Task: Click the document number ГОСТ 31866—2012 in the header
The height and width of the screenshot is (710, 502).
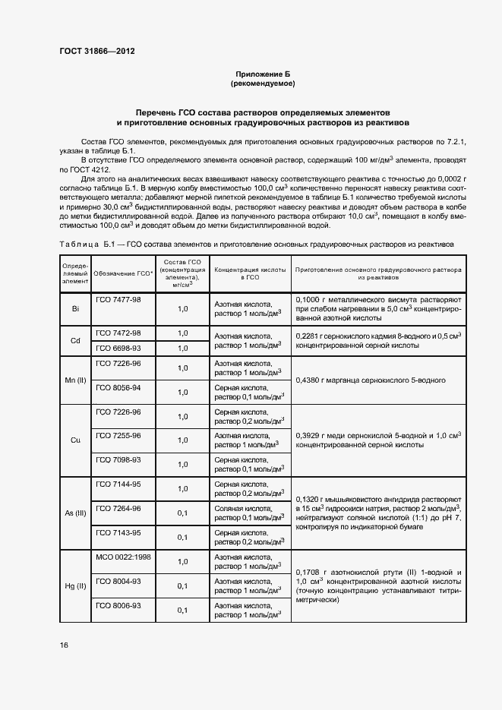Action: [x=97, y=52]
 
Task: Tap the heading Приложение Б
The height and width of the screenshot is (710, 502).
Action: [x=262, y=74]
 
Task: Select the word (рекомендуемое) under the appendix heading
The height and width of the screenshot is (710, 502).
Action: [x=262, y=83]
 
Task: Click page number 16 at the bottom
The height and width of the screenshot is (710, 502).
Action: [x=65, y=645]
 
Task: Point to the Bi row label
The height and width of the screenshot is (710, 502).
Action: [x=75, y=310]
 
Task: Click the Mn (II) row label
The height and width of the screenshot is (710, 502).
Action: [x=75, y=380]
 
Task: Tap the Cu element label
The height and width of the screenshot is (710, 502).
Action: [x=75, y=440]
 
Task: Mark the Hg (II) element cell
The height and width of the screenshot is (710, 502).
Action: [x=75, y=586]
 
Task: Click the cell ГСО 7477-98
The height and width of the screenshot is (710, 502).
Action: [x=118, y=300]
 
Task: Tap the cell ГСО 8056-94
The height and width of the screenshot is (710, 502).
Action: [x=118, y=387]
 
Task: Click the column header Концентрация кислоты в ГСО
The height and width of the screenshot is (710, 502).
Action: [x=251, y=273]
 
